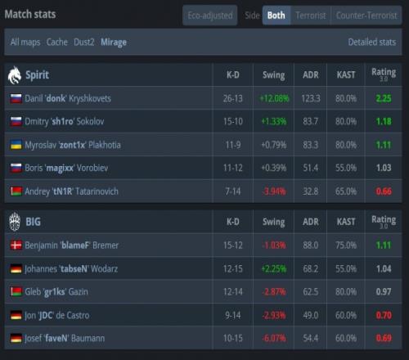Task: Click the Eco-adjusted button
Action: tap(210, 16)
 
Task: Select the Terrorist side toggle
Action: tap(311, 16)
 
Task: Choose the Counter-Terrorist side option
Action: tap(366, 16)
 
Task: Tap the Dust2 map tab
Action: tap(84, 42)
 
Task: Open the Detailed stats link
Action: tap(372, 42)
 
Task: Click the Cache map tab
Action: tap(57, 42)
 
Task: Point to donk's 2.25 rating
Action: tap(384, 98)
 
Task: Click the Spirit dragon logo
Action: tap(15, 75)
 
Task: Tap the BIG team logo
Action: tap(15, 222)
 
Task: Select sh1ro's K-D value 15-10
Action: tap(233, 121)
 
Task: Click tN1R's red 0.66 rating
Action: tap(384, 191)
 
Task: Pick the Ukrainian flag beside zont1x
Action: tap(16, 145)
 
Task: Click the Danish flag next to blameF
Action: tap(16, 245)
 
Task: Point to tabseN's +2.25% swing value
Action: tap(274, 268)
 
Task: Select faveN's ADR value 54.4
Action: tap(311, 338)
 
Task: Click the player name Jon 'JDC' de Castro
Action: tap(57, 315)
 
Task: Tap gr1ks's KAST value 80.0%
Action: tap(346, 292)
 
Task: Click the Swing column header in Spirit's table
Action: tap(274, 75)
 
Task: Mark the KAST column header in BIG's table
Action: tap(346, 222)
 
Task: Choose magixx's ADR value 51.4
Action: tap(311, 168)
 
